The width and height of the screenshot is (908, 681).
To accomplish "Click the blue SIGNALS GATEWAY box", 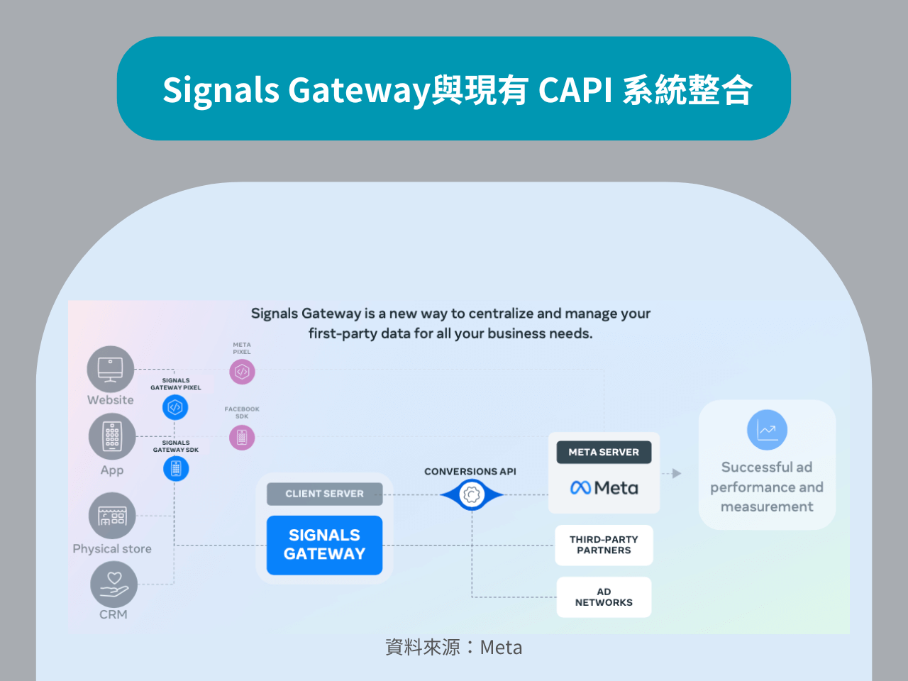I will (324, 545).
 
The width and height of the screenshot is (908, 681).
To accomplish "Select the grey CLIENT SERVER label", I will (324, 494).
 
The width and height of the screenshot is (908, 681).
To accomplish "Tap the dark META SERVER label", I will (604, 452).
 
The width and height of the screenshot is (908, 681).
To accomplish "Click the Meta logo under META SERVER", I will (604, 488).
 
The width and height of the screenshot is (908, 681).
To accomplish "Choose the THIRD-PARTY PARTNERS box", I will (604, 545).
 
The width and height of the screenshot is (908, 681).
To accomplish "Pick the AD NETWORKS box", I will (604, 597).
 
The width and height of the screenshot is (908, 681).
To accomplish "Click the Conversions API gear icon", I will (472, 494).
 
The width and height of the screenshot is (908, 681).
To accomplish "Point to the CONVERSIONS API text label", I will (470, 472).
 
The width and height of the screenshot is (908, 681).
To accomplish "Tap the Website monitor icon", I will (111, 369).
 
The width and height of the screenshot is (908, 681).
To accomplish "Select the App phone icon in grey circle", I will (112, 437).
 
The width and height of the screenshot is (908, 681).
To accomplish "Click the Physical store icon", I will (112, 516).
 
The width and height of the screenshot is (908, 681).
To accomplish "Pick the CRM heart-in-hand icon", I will (113, 585).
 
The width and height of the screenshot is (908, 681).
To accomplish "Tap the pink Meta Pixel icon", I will (242, 372).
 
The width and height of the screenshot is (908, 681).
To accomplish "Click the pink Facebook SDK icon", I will (242, 438).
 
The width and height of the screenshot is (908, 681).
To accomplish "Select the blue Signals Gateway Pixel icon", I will (175, 407).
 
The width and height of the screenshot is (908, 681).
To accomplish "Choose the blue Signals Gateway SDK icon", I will (176, 469).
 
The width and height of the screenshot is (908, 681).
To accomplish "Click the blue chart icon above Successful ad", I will (767, 430).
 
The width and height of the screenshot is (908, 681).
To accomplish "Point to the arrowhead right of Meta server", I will (677, 473).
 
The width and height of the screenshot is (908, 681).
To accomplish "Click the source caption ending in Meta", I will (454, 647).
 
